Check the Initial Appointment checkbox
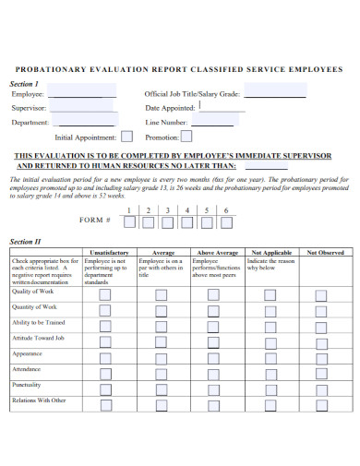pyautogui.click(x=127, y=137)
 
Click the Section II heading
pyautogui.click(x=25, y=241)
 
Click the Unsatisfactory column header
pyautogui.click(x=110, y=252)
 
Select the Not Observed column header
pyautogui.click(x=325, y=252)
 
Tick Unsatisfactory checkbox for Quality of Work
pyautogui.click(x=103, y=294)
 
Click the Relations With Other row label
pyautogui.click(x=39, y=400)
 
